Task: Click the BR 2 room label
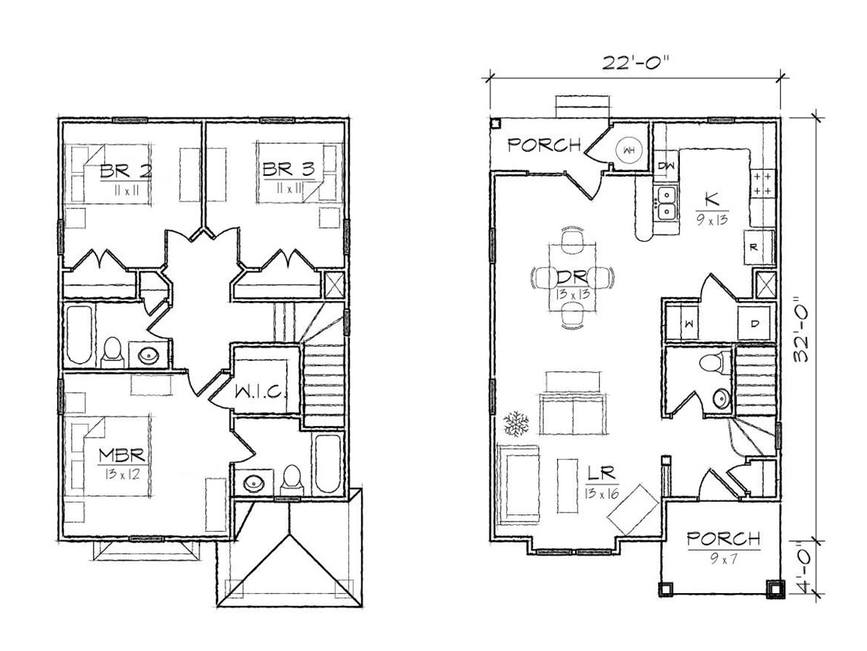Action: tap(126, 171)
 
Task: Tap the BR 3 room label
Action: tap(289, 169)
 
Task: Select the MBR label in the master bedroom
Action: tap(122, 456)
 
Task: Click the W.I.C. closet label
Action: tap(259, 391)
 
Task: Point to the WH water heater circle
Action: tap(629, 150)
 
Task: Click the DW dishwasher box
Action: tap(666, 166)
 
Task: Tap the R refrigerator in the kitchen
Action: tap(754, 248)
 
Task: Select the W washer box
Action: tap(682, 324)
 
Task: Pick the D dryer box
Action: tap(754, 324)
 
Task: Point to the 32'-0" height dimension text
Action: tap(803, 333)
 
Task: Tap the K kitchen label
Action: tap(712, 199)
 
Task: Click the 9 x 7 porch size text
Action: tap(723, 558)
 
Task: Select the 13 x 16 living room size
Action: tap(602, 493)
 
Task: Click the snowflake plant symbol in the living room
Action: tap(516, 424)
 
